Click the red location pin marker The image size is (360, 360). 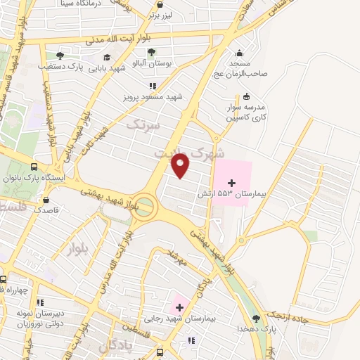(x=181, y=165)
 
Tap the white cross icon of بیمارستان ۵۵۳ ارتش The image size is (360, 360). (x=232, y=183)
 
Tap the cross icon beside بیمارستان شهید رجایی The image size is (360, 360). (x=179, y=307)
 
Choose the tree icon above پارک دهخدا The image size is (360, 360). (x=256, y=319)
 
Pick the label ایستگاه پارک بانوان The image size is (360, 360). (x=49, y=179)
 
